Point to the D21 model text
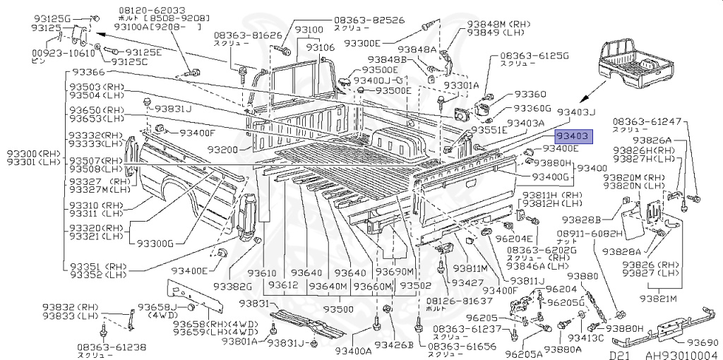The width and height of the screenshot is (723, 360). point(619,354)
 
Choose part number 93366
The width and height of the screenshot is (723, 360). point(87,73)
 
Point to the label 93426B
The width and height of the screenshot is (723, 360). point(393,345)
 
